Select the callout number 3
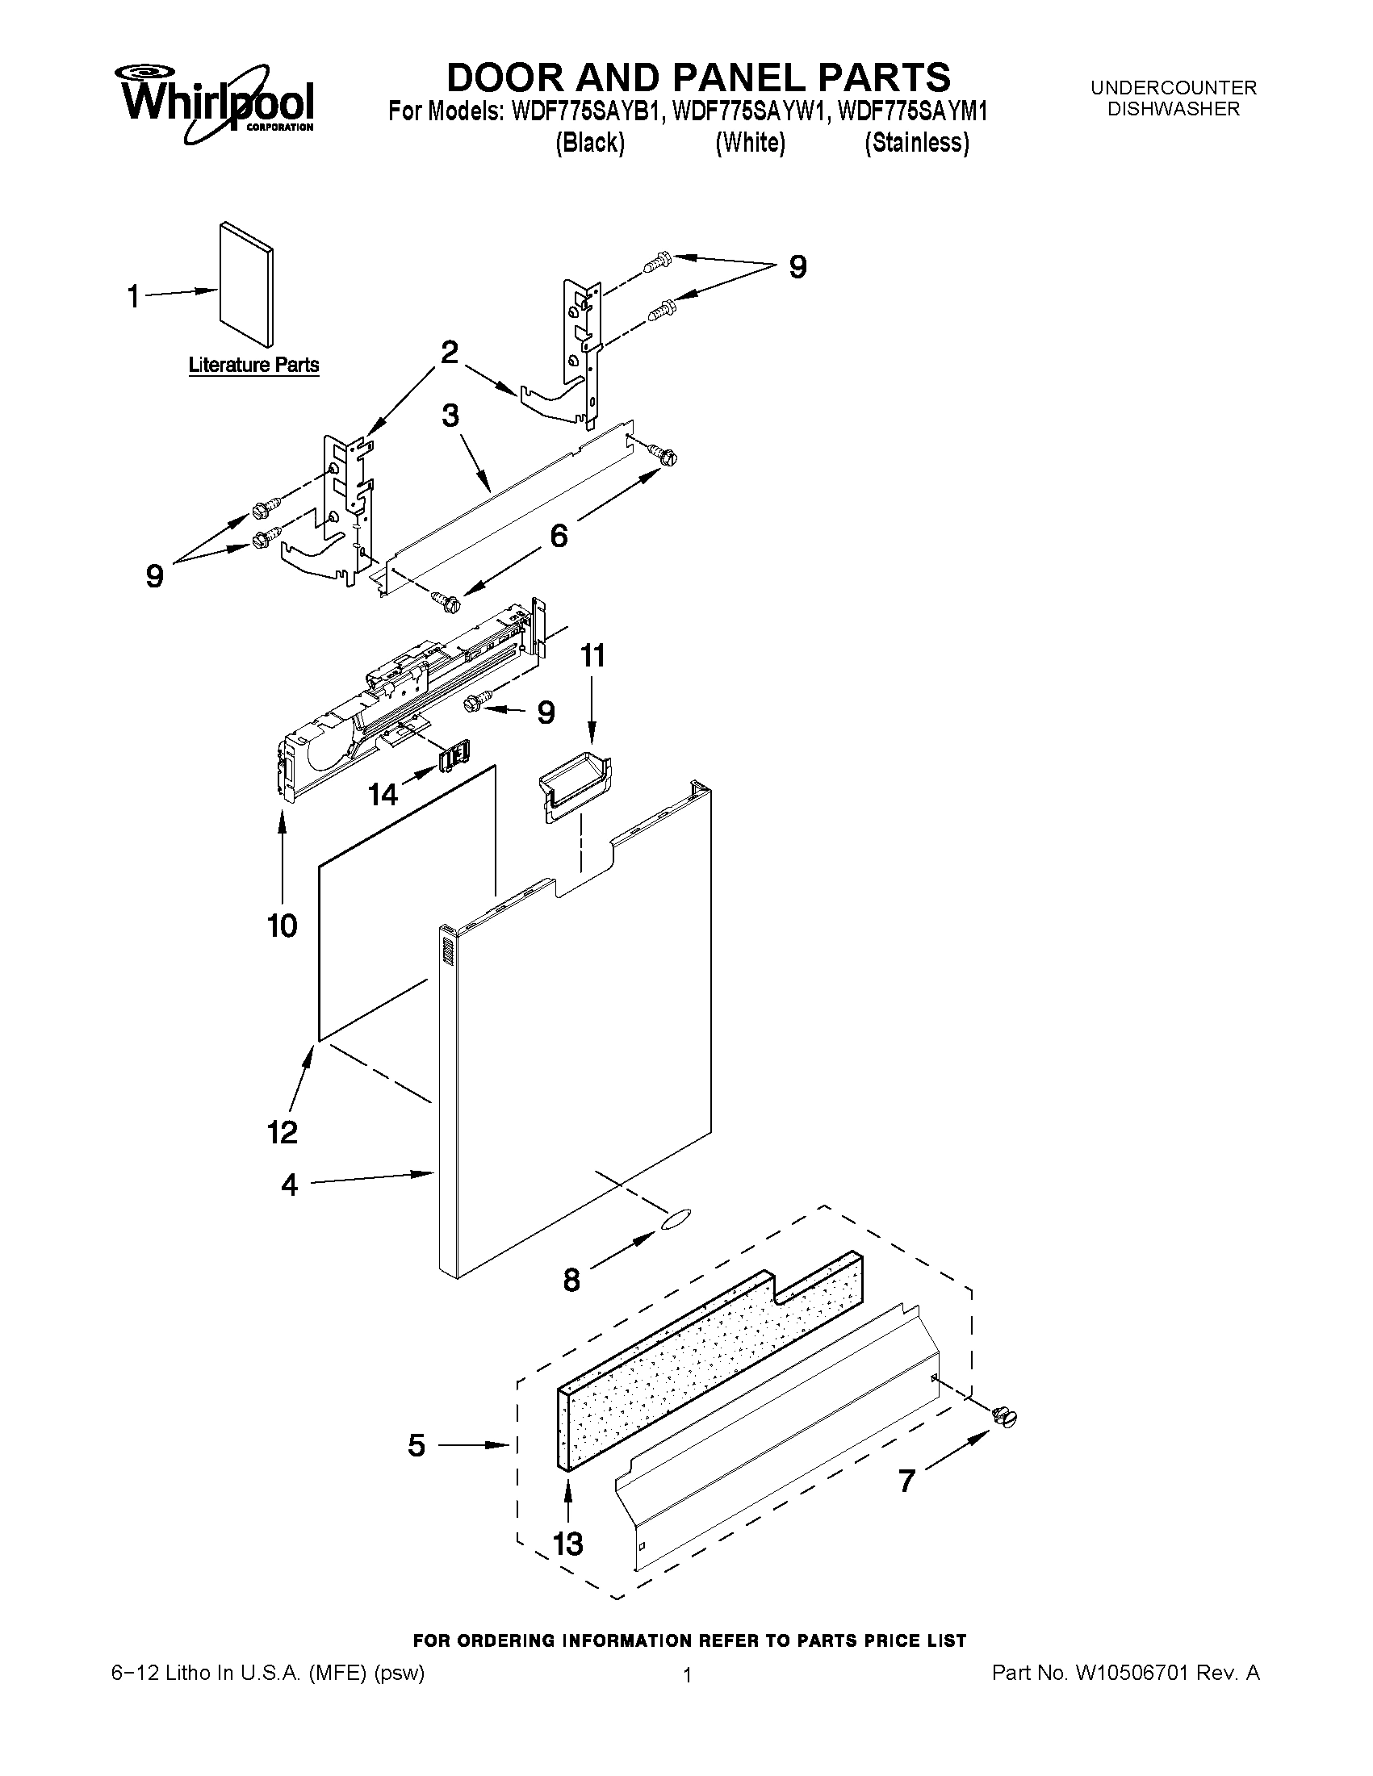pos(450,416)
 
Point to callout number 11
pos(592,655)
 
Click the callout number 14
pos(383,794)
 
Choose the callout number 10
pos(283,926)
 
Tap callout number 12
pos(283,1132)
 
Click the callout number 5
pos(416,1445)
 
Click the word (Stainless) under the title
pos(917,143)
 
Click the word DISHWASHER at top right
pos(1174,109)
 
